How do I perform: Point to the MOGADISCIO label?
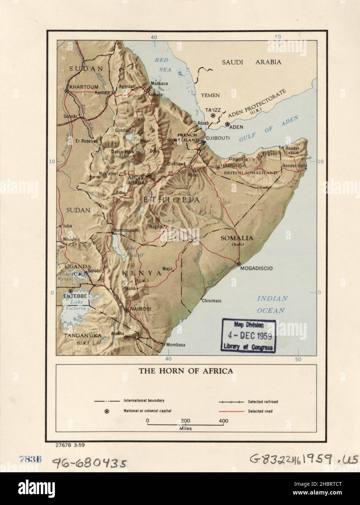pos(257,269)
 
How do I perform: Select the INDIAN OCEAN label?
pos(272,304)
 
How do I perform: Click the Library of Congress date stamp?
pos(248,335)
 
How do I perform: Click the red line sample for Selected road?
pos(231,411)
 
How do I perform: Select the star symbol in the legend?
pos(107,411)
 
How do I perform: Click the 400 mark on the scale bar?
pos(223,421)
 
